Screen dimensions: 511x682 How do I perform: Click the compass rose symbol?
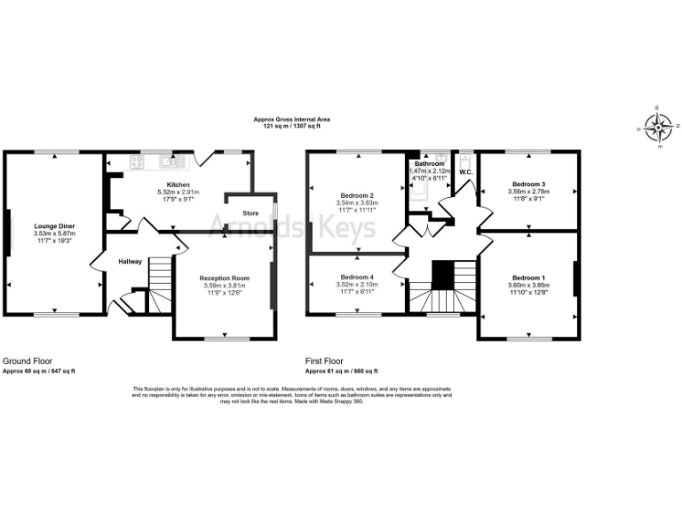tap(658, 127)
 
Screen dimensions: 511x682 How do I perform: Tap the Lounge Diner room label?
tap(54, 226)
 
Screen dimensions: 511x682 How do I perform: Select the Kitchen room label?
tap(179, 185)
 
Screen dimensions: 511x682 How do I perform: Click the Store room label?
tap(250, 213)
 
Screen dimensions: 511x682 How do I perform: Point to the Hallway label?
tap(131, 262)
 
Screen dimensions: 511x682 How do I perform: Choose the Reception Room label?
tap(224, 278)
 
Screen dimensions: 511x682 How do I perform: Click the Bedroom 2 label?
tap(357, 195)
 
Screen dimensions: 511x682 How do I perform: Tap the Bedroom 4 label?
tap(357, 277)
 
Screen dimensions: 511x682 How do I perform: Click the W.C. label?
tap(465, 172)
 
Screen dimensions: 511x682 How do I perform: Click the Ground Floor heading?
tap(26, 361)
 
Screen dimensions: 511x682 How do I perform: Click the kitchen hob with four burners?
tap(137, 162)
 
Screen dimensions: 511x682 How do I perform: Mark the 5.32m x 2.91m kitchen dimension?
tap(178, 193)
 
